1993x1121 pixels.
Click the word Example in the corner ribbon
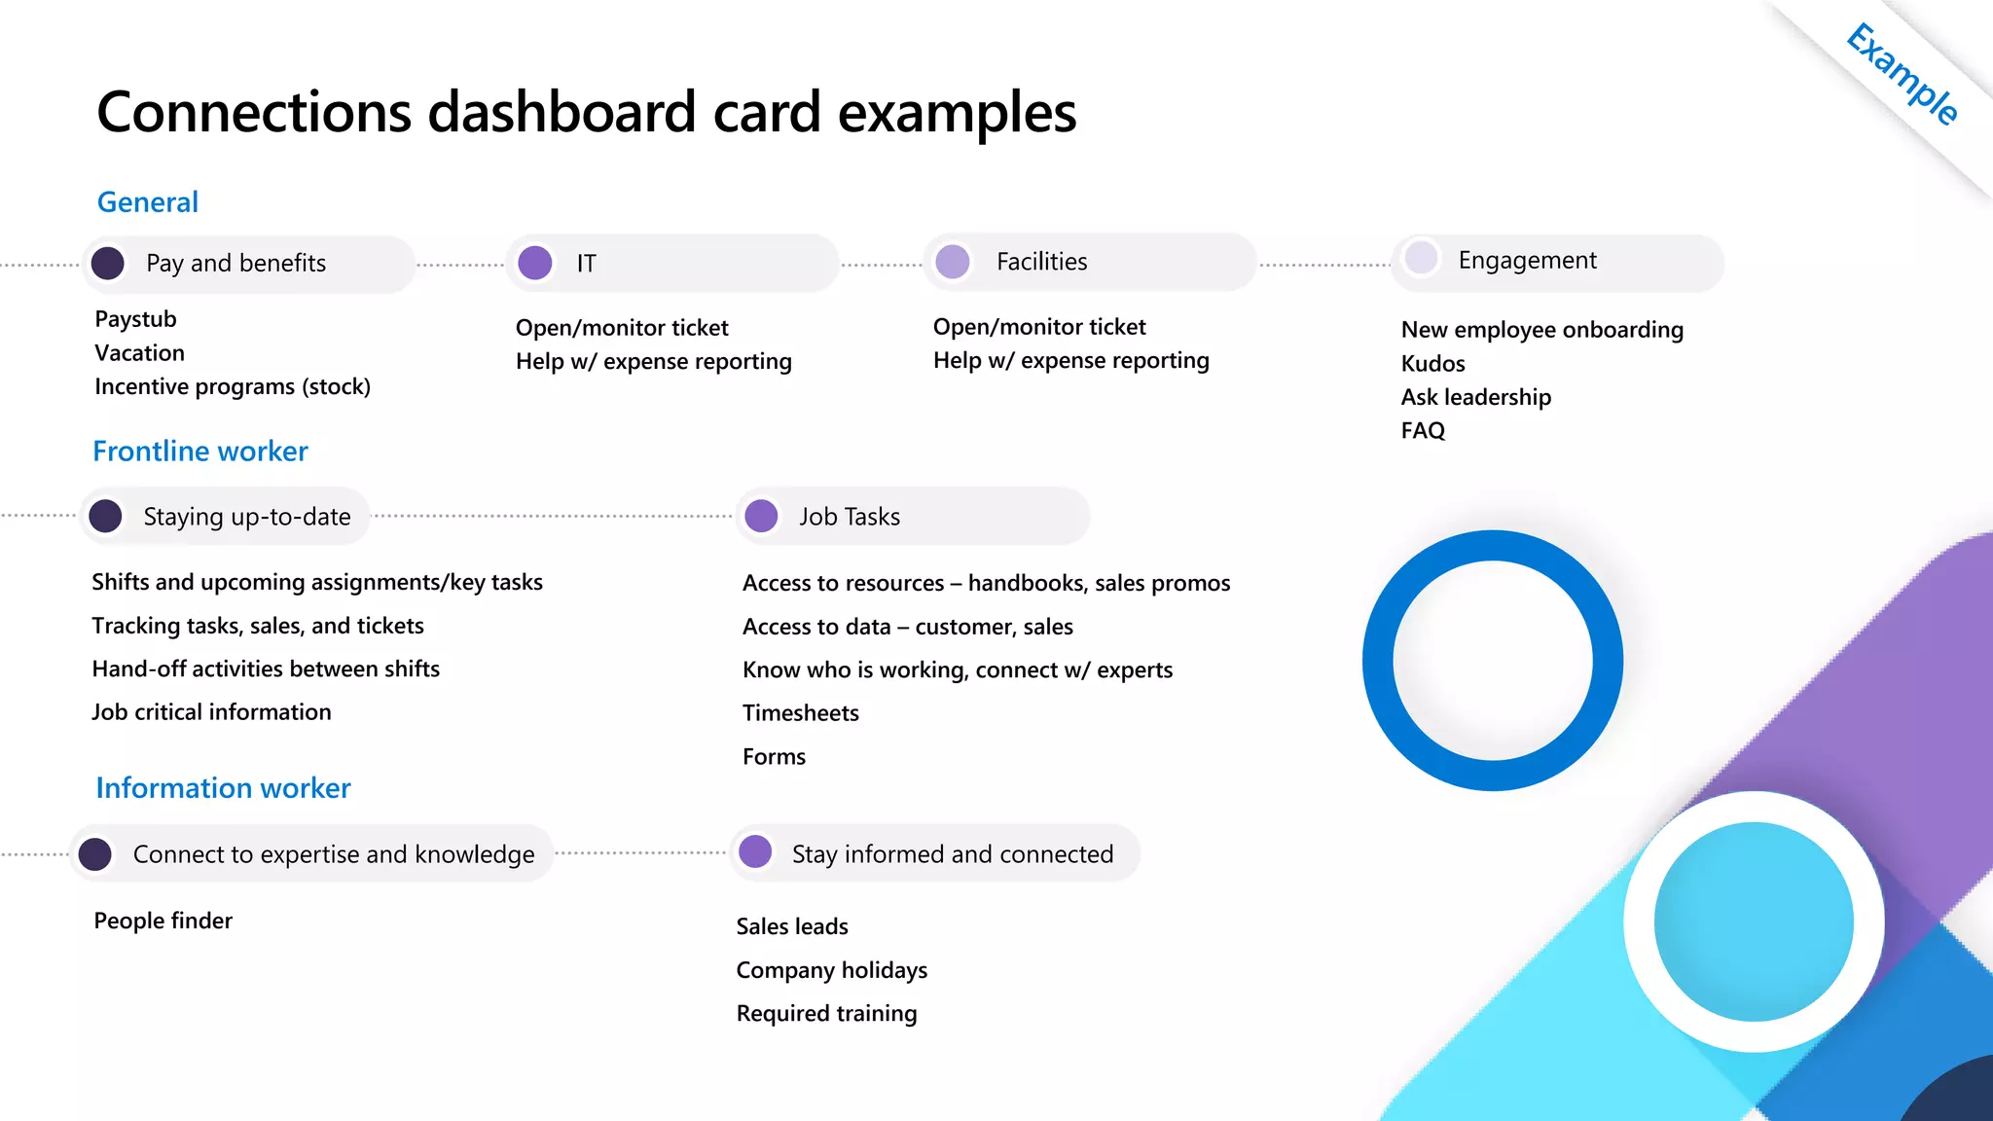click(x=1902, y=75)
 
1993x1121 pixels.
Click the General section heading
click(x=148, y=202)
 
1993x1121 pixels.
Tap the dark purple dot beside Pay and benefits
click(x=108, y=263)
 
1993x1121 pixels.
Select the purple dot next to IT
click(x=535, y=263)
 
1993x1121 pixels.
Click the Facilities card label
click(x=1041, y=262)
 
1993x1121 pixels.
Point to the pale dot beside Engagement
click(x=1421, y=259)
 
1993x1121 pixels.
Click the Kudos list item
click(x=1432, y=364)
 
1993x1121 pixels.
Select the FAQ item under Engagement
click(x=1423, y=430)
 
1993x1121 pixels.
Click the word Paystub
click(x=136, y=319)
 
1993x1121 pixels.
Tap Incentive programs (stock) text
click(x=233, y=387)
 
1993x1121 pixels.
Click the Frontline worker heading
click(x=200, y=452)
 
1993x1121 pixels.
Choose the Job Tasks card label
click(x=850, y=517)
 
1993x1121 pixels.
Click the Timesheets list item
click(x=801, y=713)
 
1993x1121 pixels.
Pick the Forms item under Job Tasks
click(x=774, y=757)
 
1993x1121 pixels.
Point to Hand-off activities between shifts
click(x=266, y=669)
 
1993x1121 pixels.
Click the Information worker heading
click(x=223, y=788)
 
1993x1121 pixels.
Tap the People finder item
click(x=163, y=921)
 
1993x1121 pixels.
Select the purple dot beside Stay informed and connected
click(x=755, y=851)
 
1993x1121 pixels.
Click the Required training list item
click(x=826, y=1014)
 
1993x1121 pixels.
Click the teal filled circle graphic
click(x=1754, y=922)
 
